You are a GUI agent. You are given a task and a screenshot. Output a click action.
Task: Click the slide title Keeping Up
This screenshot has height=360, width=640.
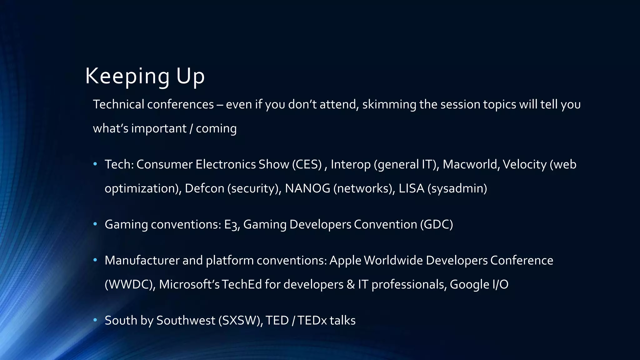click(x=145, y=76)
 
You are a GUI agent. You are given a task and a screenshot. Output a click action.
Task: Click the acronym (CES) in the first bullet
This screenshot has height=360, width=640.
click(x=307, y=164)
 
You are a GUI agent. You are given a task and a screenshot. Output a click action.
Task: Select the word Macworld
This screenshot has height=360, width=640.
click(x=470, y=164)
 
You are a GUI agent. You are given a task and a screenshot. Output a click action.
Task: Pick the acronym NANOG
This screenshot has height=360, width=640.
click(x=307, y=188)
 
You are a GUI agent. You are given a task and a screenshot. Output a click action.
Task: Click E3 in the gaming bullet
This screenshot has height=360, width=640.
click(x=231, y=225)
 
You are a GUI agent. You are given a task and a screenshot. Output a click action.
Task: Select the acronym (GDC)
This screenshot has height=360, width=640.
click(x=436, y=224)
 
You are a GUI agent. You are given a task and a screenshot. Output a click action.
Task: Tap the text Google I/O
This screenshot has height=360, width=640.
click(x=479, y=284)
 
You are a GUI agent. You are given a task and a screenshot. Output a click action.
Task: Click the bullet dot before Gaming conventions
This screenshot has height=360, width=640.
click(x=95, y=224)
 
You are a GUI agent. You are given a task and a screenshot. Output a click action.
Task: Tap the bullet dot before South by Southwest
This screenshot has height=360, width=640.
click(x=95, y=320)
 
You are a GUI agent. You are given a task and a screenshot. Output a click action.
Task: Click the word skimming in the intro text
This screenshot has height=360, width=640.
click(x=389, y=104)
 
